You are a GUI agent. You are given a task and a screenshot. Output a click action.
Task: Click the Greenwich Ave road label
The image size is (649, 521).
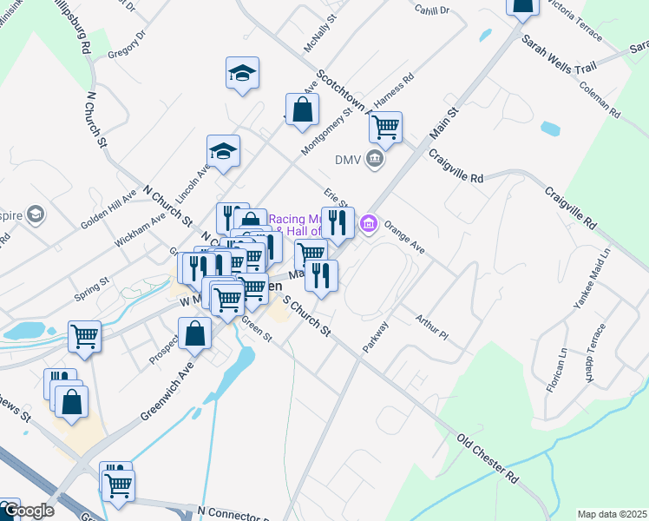[164, 397]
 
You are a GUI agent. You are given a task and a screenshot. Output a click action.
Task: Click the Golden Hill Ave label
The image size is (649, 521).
[108, 209]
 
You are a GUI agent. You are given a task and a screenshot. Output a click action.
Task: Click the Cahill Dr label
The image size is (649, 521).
[431, 10]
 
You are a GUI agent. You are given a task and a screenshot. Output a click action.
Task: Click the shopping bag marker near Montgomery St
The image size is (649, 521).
[302, 110]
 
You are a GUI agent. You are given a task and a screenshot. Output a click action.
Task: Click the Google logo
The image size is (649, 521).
[28, 511]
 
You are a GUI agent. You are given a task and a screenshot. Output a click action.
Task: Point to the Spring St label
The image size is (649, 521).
[91, 282]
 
